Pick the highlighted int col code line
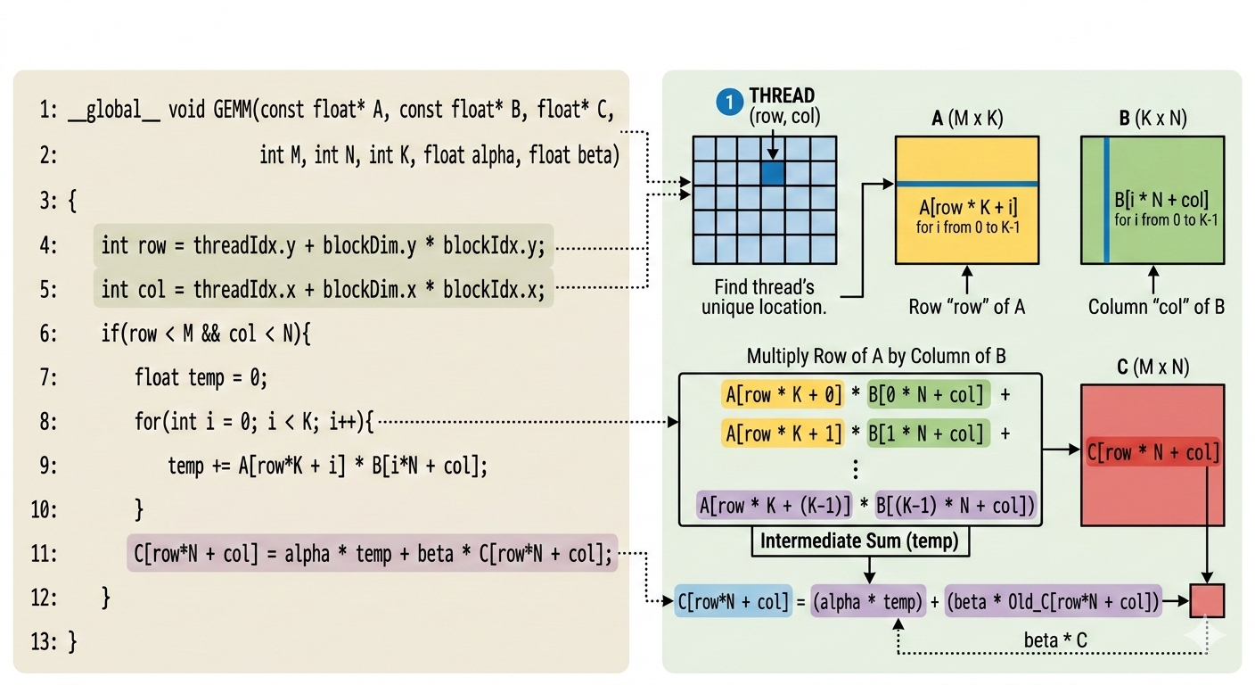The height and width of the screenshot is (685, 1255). pos(323,289)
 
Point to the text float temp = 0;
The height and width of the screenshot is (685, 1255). pos(201,377)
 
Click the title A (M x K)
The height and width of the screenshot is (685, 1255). pos(966,119)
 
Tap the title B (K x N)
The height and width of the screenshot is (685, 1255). pos(1152,119)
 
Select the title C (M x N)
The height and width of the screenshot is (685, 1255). pos(1152,367)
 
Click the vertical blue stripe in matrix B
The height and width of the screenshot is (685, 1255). pos(1106,200)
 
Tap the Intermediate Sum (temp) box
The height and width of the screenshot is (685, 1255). pos(860,541)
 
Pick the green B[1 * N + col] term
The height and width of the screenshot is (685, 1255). pos(928,433)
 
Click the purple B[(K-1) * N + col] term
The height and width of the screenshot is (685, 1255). pos(956,507)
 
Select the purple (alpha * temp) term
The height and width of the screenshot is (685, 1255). pos(866,602)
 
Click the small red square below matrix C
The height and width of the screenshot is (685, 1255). pos(1207,600)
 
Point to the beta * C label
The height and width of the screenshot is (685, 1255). pos(1055,640)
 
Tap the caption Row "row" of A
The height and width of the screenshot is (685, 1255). pos(966,307)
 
